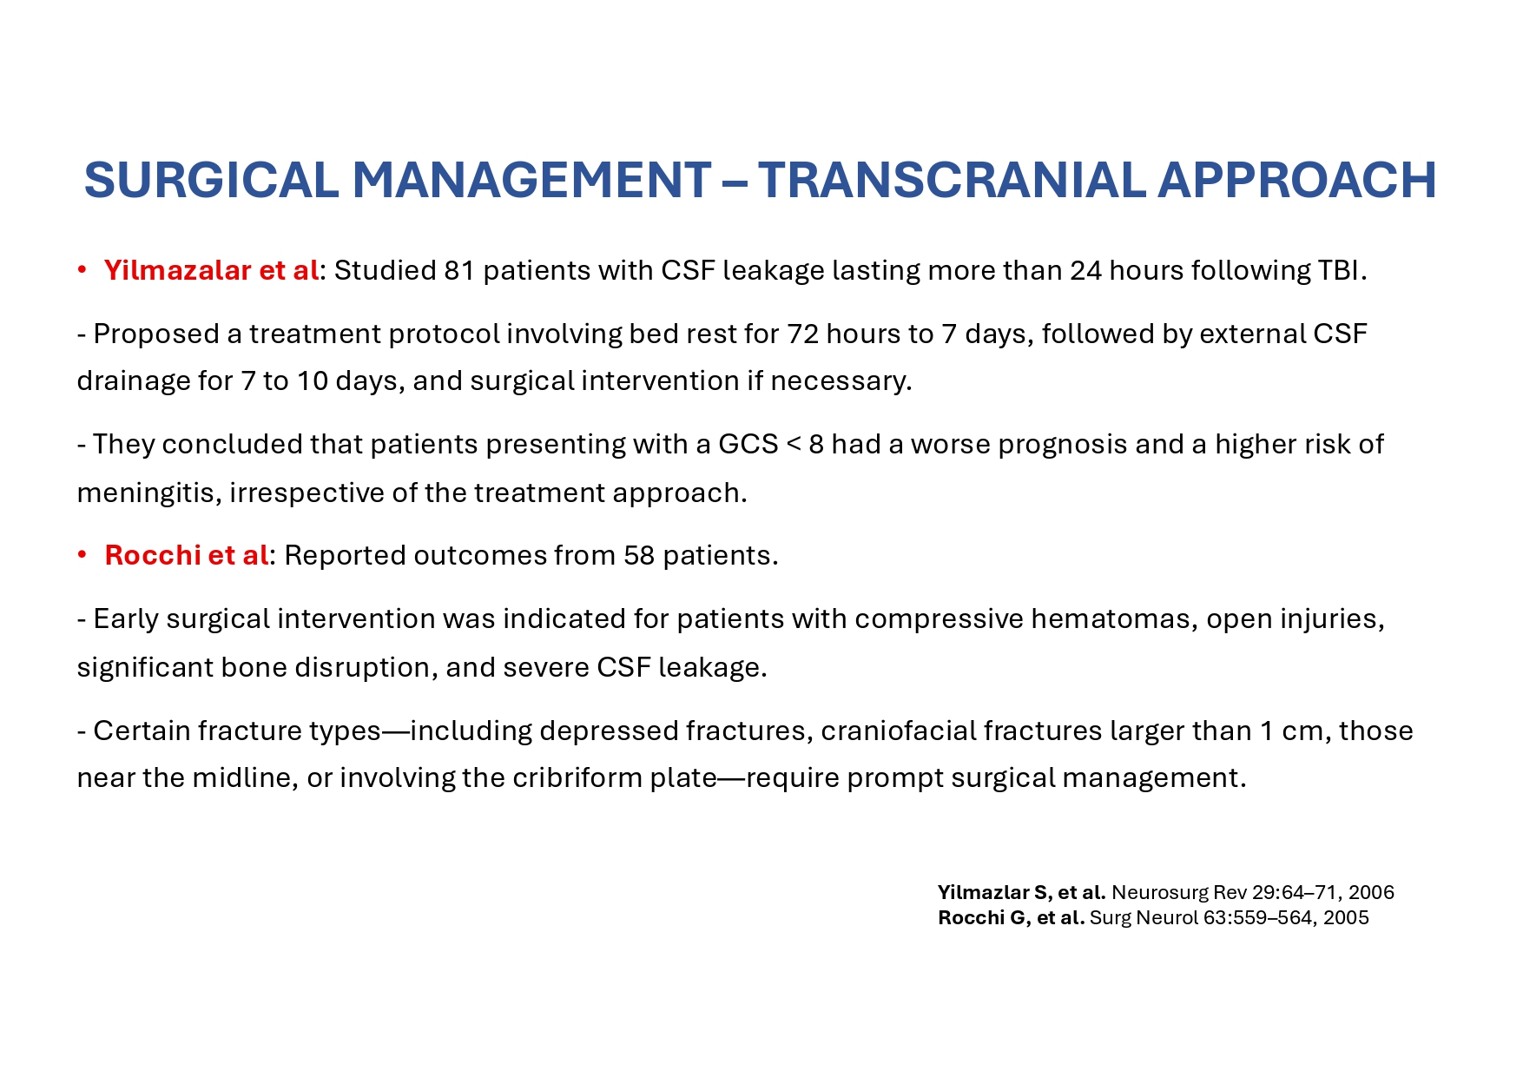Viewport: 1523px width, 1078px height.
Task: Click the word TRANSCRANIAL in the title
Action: (x=952, y=180)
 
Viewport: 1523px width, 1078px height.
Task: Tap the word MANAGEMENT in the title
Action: (x=531, y=180)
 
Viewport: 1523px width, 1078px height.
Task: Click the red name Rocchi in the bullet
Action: (x=152, y=555)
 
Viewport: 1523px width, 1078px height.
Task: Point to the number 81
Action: (x=459, y=271)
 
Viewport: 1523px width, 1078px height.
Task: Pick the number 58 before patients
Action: (x=639, y=555)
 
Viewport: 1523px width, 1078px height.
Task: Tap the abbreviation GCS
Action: (x=748, y=445)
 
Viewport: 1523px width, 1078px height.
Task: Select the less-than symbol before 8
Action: (x=794, y=445)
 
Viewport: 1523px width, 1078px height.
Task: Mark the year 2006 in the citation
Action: (x=1371, y=893)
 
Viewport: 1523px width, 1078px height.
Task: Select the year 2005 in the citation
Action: (x=1346, y=918)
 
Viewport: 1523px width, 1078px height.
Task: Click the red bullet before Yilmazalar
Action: (x=82, y=271)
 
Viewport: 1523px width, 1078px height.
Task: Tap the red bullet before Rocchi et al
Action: (x=82, y=555)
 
